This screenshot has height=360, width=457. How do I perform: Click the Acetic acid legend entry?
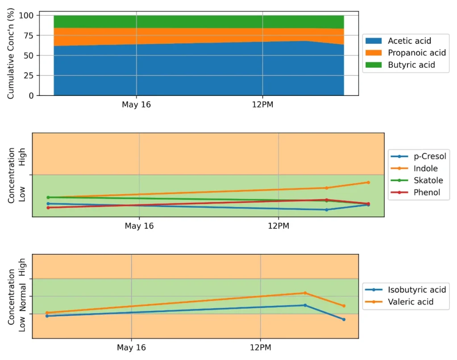point(409,41)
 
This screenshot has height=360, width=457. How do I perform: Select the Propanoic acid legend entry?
point(416,53)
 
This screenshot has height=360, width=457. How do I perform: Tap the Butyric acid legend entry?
point(411,65)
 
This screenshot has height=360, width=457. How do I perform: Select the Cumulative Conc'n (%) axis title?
point(11,55)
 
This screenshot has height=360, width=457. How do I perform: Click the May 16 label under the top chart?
point(136,105)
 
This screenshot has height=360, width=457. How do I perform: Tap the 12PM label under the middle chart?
point(278,226)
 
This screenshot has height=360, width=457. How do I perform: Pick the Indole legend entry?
point(425,169)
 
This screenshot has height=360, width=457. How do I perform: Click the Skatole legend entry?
point(428,181)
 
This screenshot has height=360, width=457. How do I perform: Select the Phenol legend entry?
point(427,193)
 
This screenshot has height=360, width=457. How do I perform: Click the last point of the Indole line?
point(368,182)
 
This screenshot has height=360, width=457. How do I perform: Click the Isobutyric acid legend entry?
point(416,290)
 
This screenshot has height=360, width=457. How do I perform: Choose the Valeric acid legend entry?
point(410,302)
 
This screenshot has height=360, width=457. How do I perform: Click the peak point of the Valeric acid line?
point(305,293)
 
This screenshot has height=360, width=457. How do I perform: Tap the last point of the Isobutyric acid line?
point(344,319)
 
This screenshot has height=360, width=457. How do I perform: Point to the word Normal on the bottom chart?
point(22,296)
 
